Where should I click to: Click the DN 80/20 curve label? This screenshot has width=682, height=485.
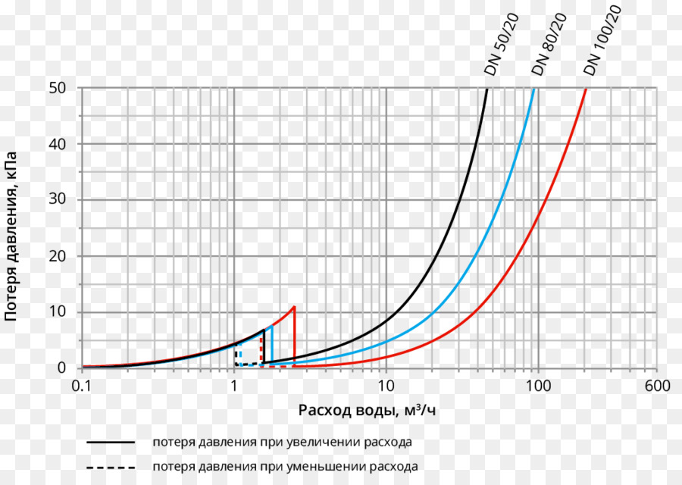(x=549, y=45)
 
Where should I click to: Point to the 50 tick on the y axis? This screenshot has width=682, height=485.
(x=59, y=88)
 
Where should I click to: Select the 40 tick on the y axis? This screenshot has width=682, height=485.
(x=59, y=144)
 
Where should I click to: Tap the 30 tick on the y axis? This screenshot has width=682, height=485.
(x=59, y=200)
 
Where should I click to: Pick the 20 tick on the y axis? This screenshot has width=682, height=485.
(x=59, y=256)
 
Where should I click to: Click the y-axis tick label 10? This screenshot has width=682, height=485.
(x=59, y=312)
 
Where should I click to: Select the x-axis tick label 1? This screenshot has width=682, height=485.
(x=233, y=386)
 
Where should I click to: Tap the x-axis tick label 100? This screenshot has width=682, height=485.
(x=538, y=386)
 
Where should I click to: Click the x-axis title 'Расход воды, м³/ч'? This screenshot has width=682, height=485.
(x=368, y=411)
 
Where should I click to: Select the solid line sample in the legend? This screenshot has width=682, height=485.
(x=111, y=442)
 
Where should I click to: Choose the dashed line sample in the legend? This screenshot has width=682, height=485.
(x=111, y=467)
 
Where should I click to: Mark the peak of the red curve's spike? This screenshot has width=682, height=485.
(x=293, y=307)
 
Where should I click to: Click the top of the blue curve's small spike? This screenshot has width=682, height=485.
(x=271, y=326)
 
